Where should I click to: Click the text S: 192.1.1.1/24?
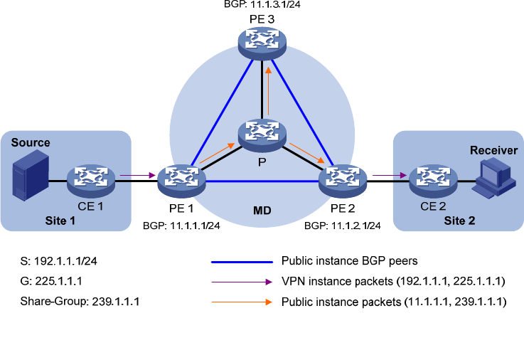click(x=59, y=261)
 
